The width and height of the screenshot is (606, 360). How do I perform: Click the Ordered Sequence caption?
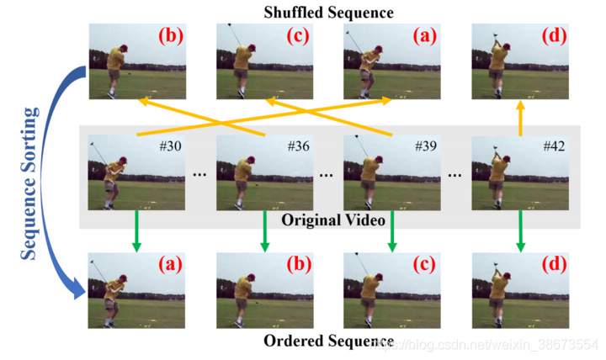click(328, 341)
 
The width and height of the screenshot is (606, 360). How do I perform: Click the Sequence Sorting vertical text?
click(31, 183)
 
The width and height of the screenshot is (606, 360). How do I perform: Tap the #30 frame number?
click(171, 146)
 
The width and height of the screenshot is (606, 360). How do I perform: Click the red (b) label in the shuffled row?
click(171, 38)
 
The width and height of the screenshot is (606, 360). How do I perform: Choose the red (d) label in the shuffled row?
click(553, 38)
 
